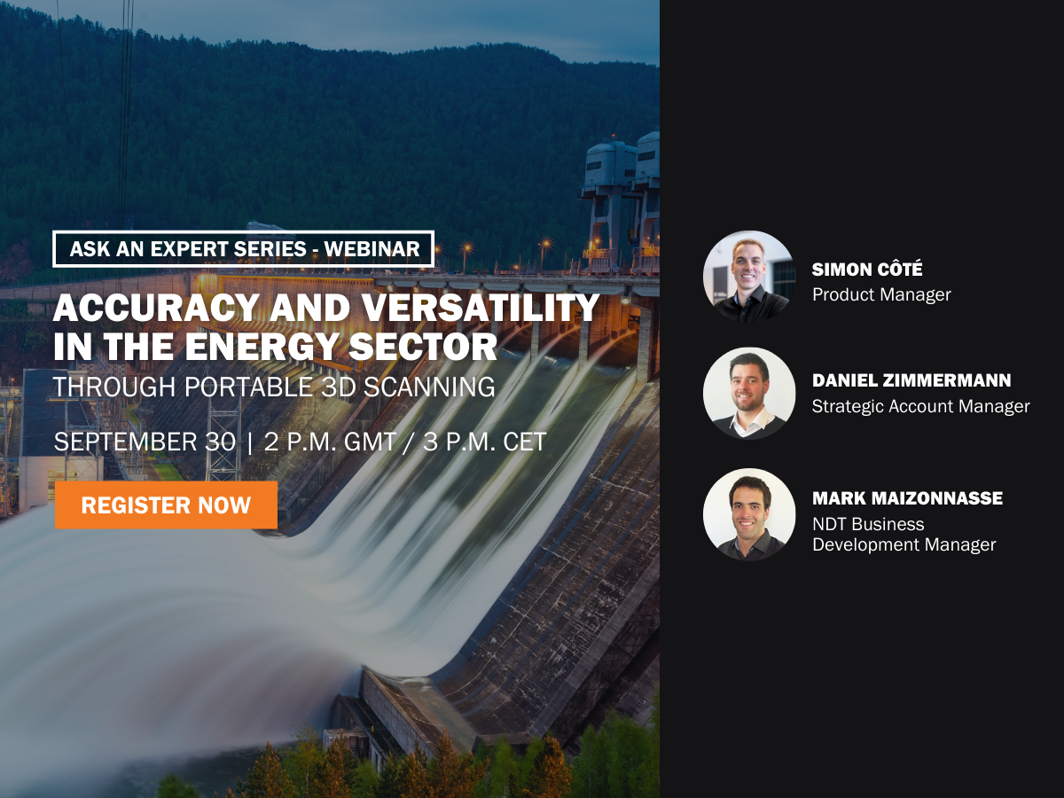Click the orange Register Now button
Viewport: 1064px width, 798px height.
[166, 505]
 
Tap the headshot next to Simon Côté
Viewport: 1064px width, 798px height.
[749, 277]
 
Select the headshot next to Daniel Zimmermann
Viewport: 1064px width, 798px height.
[749, 394]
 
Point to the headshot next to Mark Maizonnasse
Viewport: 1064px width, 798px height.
[749, 514]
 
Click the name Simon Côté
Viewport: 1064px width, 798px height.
[867, 269]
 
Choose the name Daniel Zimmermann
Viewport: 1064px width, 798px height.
[911, 380]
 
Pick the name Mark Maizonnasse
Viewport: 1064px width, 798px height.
[907, 498]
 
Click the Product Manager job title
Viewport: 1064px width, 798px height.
[881, 294]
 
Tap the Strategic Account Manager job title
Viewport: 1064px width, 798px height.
[921, 406]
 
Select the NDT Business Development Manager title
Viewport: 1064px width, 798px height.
[904, 534]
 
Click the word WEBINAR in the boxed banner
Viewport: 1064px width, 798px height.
[372, 249]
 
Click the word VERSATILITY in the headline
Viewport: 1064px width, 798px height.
[481, 308]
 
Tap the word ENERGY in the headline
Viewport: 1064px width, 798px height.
[262, 347]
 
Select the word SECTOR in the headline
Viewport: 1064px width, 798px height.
[423, 347]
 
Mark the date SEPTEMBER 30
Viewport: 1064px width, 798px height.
[145, 442]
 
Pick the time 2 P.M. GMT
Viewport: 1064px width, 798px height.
[330, 442]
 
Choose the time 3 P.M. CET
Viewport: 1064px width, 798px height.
[485, 442]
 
